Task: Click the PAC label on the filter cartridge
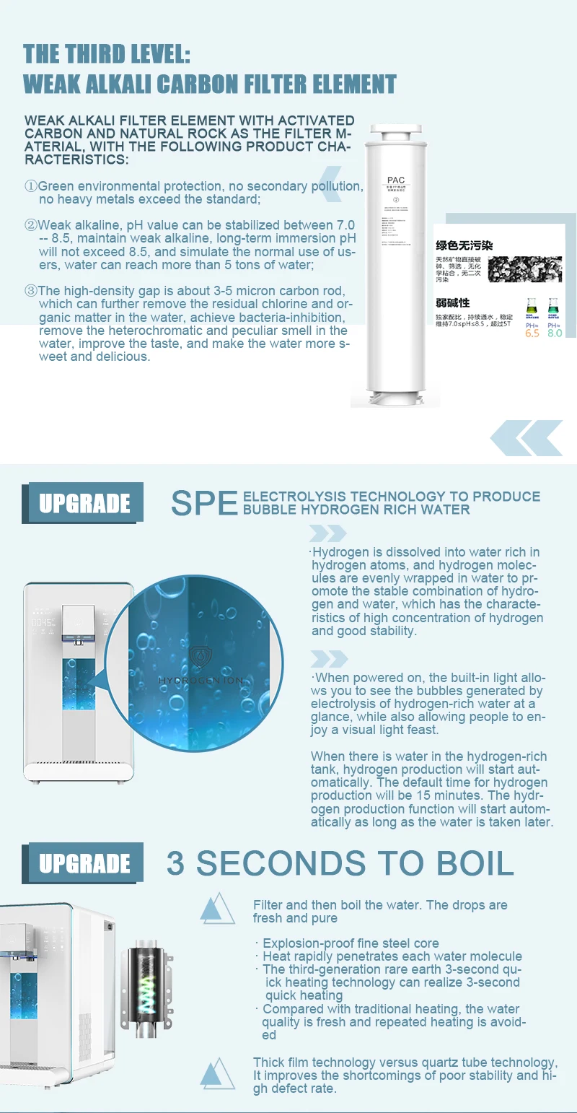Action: click(x=396, y=180)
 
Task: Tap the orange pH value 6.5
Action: click(x=532, y=333)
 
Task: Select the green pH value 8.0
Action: click(x=554, y=333)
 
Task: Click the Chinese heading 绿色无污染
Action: click(x=464, y=245)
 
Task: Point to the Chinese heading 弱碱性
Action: click(x=452, y=302)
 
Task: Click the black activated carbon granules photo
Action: click(x=524, y=268)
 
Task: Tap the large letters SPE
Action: click(x=204, y=503)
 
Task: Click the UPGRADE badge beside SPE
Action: click(x=84, y=503)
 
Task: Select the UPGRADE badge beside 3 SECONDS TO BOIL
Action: click(x=84, y=863)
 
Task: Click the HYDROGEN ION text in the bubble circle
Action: click(x=201, y=680)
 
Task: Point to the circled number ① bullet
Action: click(x=30, y=186)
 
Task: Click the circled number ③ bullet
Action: click(x=30, y=291)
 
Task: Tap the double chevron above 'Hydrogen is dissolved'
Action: click(x=328, y=533)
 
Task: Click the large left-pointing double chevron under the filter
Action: click(x=526, y=437)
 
